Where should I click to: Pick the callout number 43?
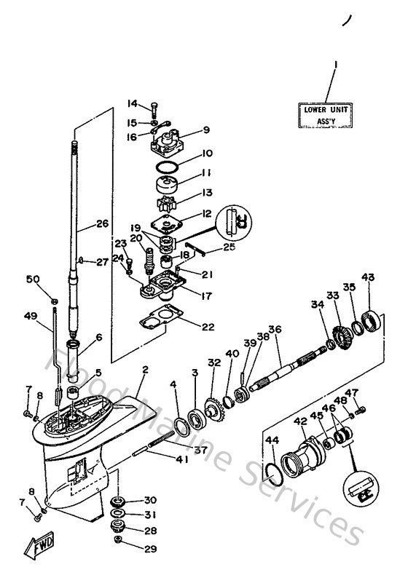(367, 277)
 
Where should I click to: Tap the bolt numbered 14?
(154, 110)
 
